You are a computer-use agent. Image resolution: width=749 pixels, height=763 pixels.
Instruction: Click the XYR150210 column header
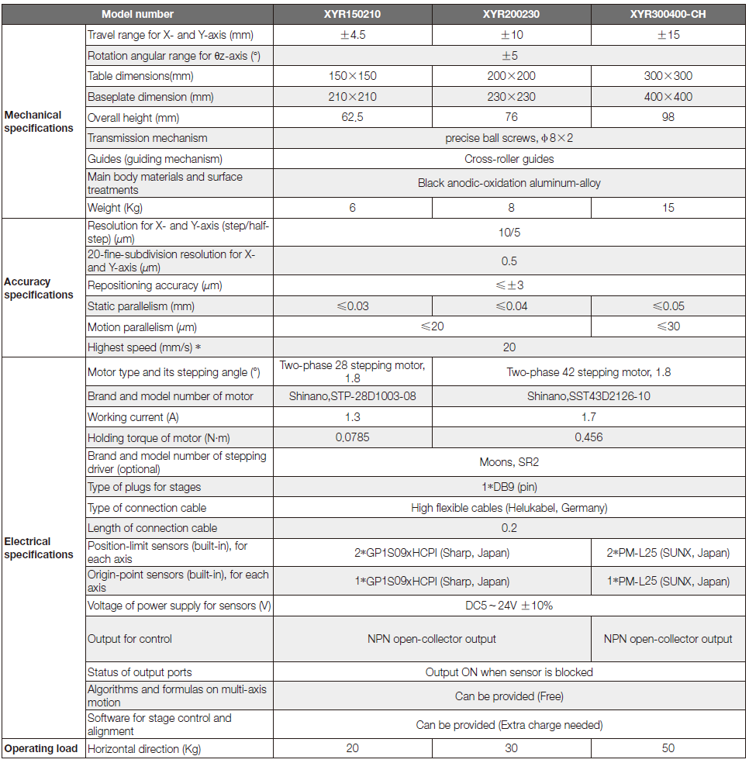click(x=352, y=14)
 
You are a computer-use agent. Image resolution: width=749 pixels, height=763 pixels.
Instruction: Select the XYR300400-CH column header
click(x=668, y=14)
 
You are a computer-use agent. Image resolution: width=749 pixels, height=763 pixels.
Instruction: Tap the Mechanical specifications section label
click(x=39, y=122)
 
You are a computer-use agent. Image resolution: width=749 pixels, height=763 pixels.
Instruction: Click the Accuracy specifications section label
click(x=39, y=288)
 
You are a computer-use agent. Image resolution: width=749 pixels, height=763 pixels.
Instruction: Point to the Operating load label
click(x=41, y=748)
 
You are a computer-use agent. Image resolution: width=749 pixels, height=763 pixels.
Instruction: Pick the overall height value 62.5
click(x=352, y=117)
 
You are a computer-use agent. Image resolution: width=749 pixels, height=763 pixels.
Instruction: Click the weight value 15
click(x=668, y=207)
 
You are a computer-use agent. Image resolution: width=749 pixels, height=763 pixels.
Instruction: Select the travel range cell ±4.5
click(x=352, y=35)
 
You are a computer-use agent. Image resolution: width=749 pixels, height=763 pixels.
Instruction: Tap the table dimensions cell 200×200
click(x=510, y=76)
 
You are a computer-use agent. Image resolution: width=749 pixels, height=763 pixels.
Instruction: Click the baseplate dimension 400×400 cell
click(x=668, y=97)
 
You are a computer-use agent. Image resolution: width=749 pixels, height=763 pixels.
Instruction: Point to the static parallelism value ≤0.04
click(x=510, y=306)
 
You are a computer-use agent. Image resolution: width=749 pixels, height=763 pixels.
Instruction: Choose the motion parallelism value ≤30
click(x=668, y=326)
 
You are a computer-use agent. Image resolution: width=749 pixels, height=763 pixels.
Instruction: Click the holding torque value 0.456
click(x=589, y=437)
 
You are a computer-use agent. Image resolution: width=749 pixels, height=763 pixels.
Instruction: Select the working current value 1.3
click(x=352, y=417)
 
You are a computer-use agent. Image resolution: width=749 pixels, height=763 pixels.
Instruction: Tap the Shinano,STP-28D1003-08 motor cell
click(x=352, y=396)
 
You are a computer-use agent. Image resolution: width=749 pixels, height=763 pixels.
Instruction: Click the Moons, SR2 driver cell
click(x=509, y=462)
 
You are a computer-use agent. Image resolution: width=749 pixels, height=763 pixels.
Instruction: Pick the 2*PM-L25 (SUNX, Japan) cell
click(x=668, y=553)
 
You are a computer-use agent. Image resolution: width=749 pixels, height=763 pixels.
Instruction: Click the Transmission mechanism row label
click(x=147, y=138)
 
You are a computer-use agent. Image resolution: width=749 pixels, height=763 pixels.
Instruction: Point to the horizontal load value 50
click(x=668, y=748)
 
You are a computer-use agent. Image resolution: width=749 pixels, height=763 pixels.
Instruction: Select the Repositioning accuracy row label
click(x=155, y=285)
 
